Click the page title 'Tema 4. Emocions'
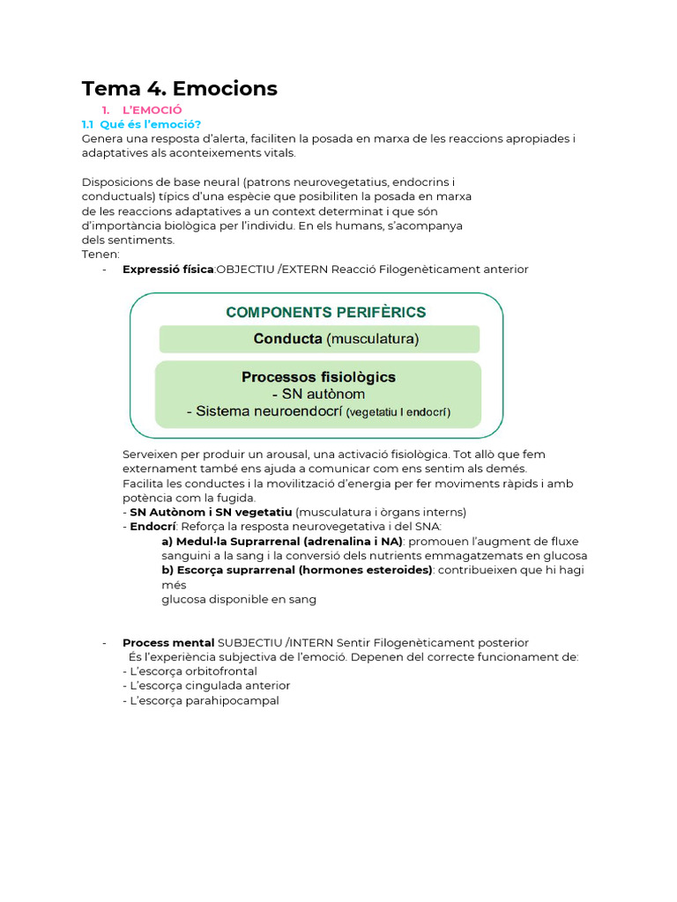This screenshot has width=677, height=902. click(179, 88)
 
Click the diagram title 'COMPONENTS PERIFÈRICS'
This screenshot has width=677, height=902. click(325, 312)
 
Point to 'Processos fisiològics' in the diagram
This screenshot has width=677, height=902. click(318, 377)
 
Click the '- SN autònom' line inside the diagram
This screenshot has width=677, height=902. click(318, 394)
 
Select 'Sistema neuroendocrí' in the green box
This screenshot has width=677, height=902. click(268, 411)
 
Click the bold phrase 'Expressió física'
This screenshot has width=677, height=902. click(167, 269)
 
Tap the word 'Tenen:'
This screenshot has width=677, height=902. click(100, 255)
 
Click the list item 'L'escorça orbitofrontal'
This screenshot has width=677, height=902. click(193, 671)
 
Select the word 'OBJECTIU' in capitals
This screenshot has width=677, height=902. click(245, 269)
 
